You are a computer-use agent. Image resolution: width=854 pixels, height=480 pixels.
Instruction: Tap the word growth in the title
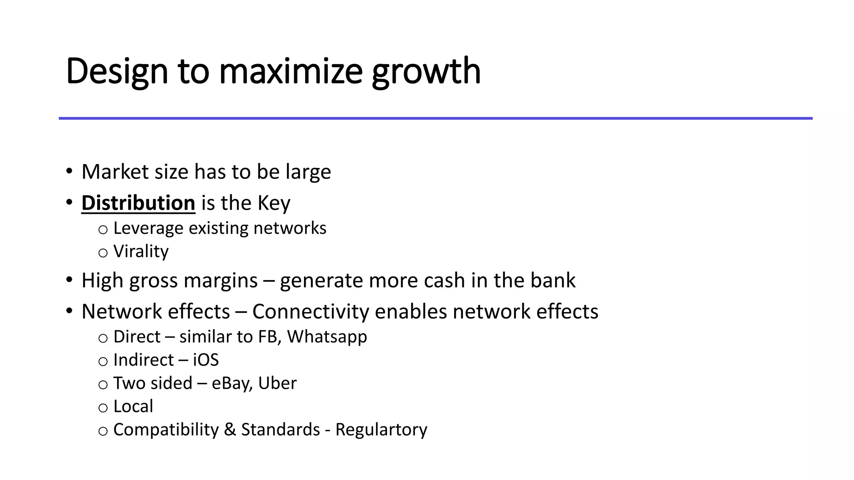pyautogui.click(x=426, y=72)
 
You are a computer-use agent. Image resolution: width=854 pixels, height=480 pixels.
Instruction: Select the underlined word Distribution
pyautogui.click(x=138, y=203)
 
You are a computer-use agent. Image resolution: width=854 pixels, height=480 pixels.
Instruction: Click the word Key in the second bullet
pyautogui.click(x=274, y=203)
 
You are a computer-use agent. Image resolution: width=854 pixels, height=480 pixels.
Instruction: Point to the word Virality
pyautogui.click(x=141, y=251)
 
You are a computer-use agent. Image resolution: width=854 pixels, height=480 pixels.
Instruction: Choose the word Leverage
pyautogui.click(x=148, y=228)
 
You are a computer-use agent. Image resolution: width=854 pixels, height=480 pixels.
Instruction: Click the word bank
pyautogui.click(x=553, y=280)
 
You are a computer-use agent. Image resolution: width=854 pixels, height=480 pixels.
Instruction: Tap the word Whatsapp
pyautogui.click(x=327, y=337)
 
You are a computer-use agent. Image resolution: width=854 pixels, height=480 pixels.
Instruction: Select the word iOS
pyautogui.click(x=206, y=360)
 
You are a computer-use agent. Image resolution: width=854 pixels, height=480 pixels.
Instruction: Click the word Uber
pyautogui.click(x=277, y=383)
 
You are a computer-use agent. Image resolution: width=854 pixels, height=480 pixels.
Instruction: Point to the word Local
pyautogui.click(x=133, y=406)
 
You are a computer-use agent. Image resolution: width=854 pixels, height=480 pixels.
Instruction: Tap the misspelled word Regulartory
pyautogui.click(x=381, y=430)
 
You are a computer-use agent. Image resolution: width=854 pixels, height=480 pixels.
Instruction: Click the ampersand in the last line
pyautogui.click(x=230, y=430)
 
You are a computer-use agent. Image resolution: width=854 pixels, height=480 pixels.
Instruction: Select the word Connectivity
pyautogui.click(x=311, y=312)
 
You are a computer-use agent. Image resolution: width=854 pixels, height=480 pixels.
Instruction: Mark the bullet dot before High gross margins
pyautogui.click(x=69, y=280)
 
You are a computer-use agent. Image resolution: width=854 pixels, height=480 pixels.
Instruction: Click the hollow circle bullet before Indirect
pyautogui.click(x=103, y=361)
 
